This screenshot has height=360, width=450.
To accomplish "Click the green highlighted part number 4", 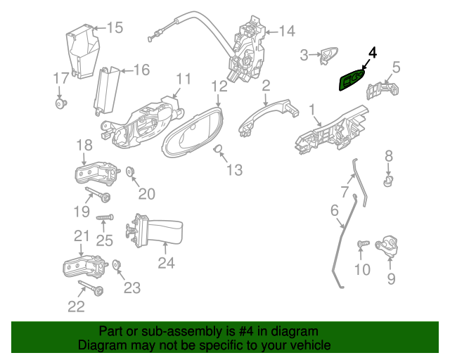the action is click(352, 80).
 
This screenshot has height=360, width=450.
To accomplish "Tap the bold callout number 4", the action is click(373, 53).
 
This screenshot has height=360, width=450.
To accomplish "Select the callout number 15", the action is click(115, 27).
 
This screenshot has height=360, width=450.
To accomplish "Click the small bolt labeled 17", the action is click(61, 103).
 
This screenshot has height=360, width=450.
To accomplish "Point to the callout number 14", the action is click(287, 31).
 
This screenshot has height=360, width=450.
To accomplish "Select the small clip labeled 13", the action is click(218, 148).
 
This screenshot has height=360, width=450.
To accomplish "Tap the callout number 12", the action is click(219, 86).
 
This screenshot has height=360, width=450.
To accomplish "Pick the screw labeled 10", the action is click(363, 244).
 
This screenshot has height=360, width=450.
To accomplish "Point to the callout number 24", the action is click(166, 263).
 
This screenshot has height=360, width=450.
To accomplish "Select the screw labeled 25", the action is click(105, 217).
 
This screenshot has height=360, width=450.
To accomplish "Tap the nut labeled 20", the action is click(131, 172).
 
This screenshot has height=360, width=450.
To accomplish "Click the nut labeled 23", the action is click(117, 264).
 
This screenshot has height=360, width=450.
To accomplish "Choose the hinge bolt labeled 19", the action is click(98, 194).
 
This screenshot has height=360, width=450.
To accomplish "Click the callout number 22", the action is click(76, 307).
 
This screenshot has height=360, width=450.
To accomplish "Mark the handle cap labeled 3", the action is click(328, 55).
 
